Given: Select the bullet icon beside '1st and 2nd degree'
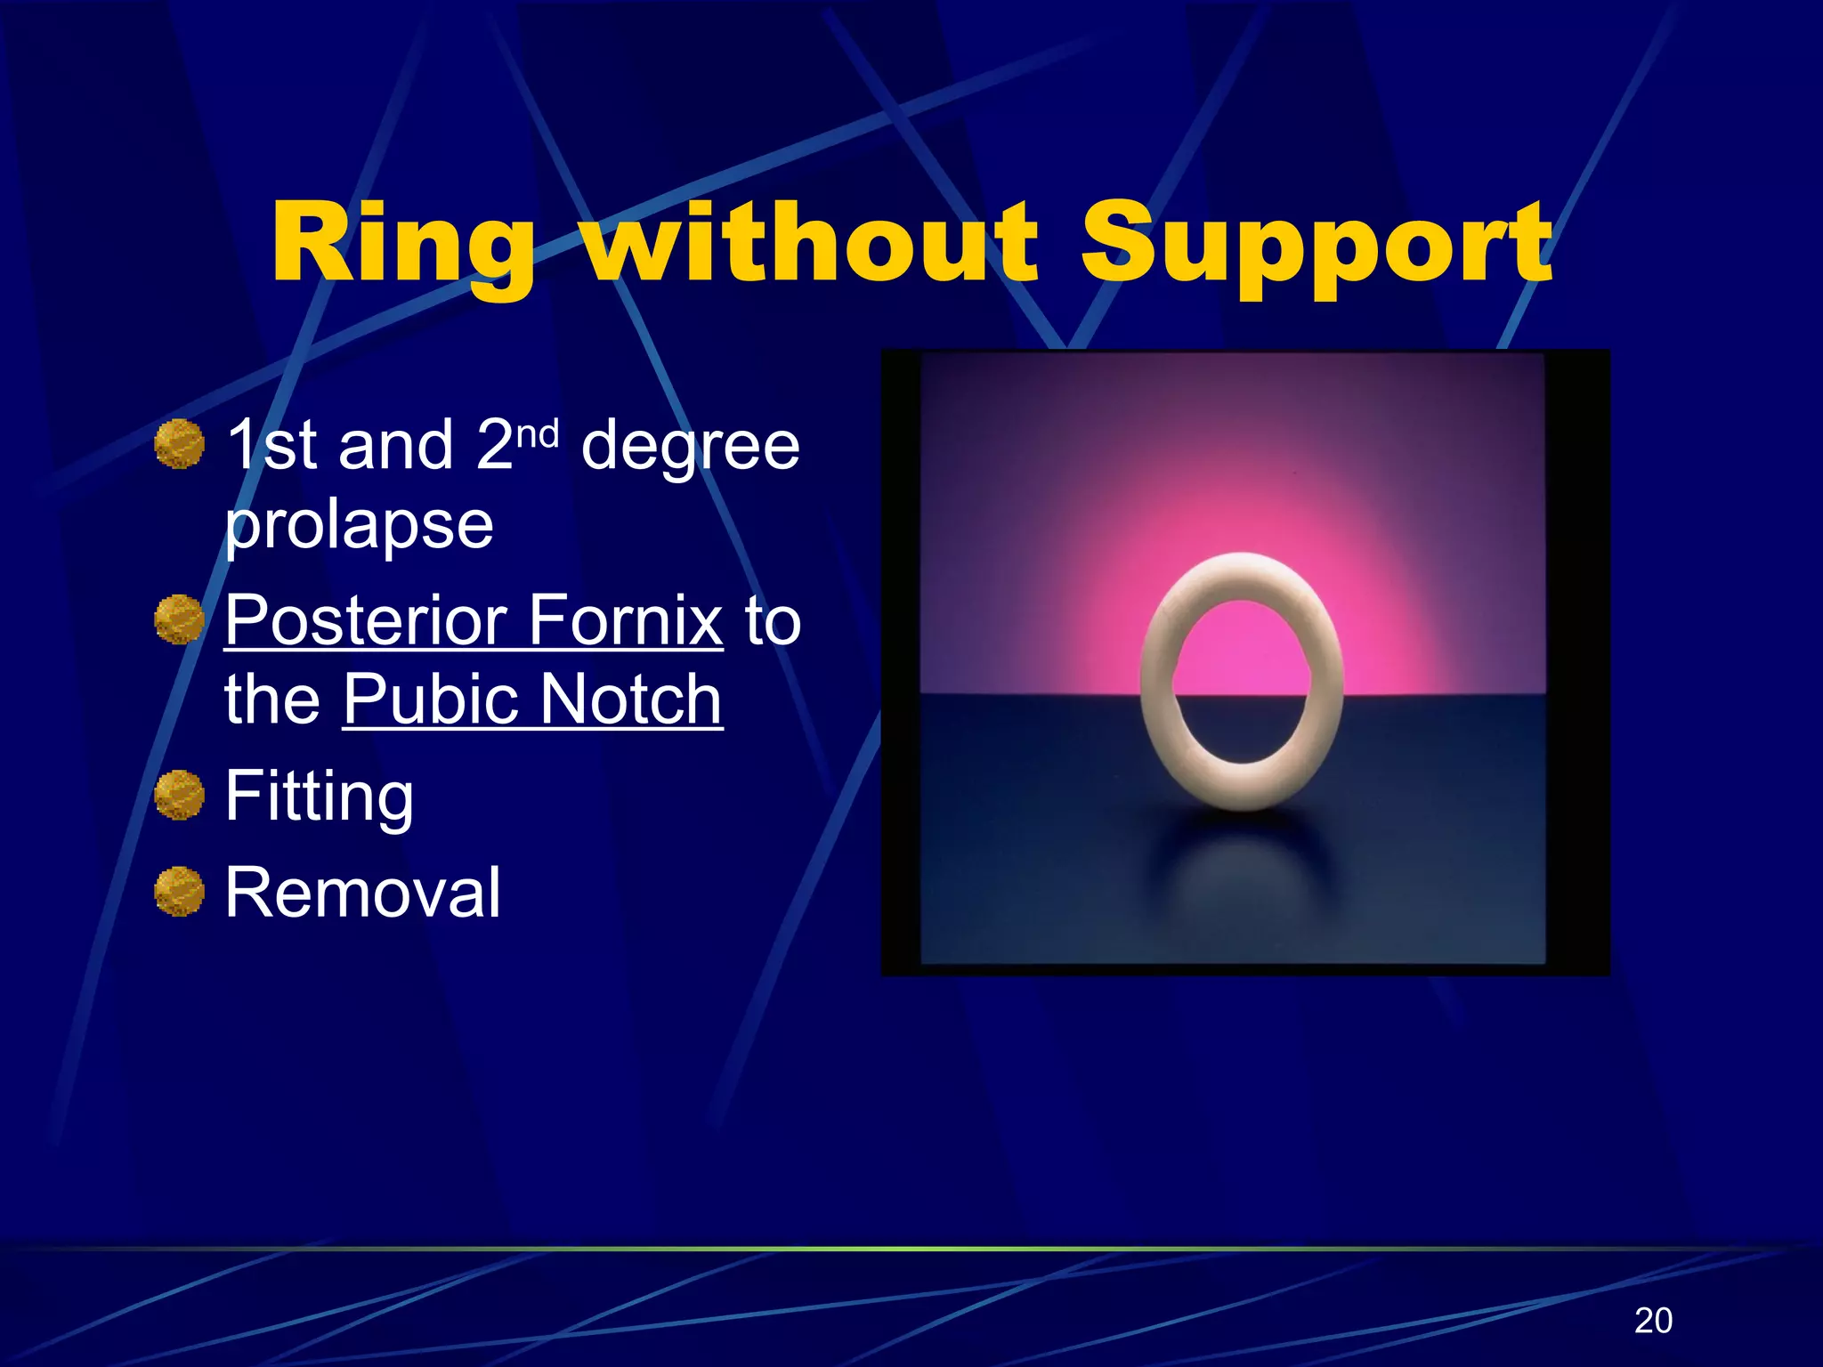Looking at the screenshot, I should pos(179,444).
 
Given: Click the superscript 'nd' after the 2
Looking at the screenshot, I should pos(538,434).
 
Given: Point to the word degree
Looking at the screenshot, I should pos(690,448).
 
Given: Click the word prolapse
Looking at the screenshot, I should pos(359,525).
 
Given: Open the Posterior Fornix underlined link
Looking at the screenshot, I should pos(474,620).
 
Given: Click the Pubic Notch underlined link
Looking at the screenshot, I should pos(532,700).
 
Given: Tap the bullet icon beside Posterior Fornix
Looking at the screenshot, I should pos(179,619).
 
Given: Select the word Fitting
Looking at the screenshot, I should pos(319,797).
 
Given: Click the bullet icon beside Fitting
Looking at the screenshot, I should pos(179,795).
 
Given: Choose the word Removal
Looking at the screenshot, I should pos(362,893).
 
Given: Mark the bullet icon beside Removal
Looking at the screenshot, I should pos(179,891).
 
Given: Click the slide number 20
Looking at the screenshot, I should pos(1653,1320).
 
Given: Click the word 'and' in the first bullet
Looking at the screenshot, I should pos(395,446).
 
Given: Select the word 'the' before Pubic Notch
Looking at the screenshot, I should pos(271,700).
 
